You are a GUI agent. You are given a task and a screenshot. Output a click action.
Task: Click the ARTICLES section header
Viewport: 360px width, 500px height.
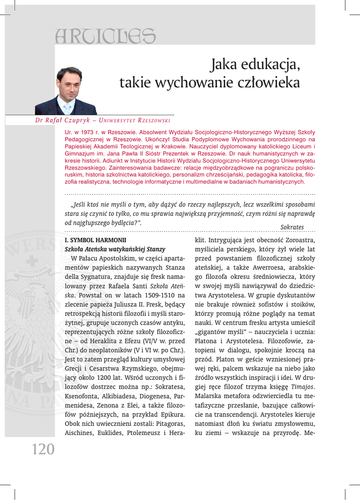pyautogui.click(x=106, y=35)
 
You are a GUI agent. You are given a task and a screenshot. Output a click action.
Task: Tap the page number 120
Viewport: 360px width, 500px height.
pyautogui.click(x=43, y=449)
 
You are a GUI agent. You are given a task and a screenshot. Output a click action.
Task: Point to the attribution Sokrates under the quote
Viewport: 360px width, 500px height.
pyautogui.click(x=292, y=227)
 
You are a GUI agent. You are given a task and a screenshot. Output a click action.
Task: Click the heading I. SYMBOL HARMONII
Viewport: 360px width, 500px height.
pyautogui.click(x=95, y=240)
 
